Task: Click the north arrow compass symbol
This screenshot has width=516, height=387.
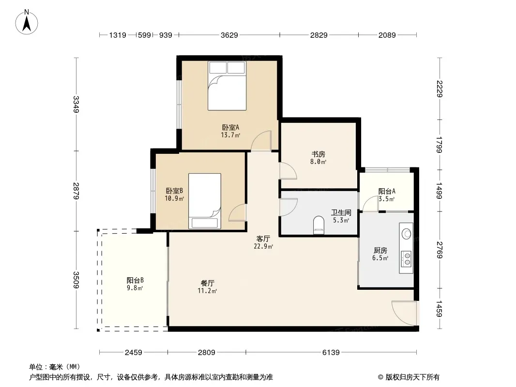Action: click(x=27, y=22)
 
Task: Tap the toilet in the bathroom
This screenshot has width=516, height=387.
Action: click(x=319, y=225)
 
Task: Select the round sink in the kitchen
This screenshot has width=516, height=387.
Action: click(x=407, y=234)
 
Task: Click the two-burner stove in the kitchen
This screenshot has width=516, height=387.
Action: click(x=407, y=258)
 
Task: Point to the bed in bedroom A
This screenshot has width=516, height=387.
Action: click(x=227, y=86)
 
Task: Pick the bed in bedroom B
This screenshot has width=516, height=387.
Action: click(x=204, y=201)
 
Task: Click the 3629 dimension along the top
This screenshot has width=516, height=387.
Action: click(x=229, y=35)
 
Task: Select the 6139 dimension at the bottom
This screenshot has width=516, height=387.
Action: click(x=331, y=353)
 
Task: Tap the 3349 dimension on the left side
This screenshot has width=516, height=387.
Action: click(x=76, y=104)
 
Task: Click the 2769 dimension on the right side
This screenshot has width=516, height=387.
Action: click(x=440, y=250)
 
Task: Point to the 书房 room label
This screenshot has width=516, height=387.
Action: click(x=318, y=154)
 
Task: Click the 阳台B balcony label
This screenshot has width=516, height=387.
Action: click(x=135, y=280)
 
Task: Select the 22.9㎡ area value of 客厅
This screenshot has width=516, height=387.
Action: click(x=263, y=246)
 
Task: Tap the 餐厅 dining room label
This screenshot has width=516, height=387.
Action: click(x=207, y=283)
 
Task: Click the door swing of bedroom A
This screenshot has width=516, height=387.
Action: click(x=261, y=141)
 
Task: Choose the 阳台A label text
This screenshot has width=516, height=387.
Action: click(x=387, y=191)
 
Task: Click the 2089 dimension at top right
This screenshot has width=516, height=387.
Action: click(x=387, y=35)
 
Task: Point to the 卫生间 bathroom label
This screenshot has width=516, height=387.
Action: click(x=341, y=212)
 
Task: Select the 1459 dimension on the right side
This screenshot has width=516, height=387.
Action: click(x=440, y=309)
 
